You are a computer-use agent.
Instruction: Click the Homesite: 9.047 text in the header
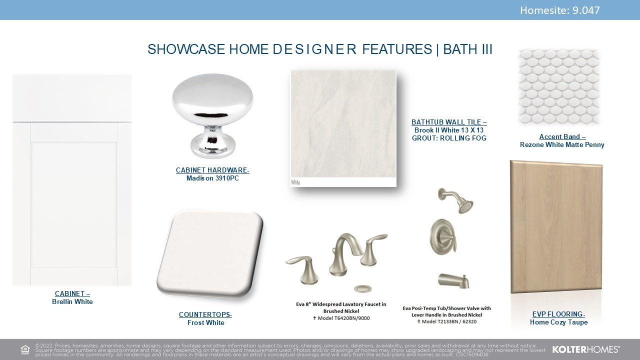pos(559,10)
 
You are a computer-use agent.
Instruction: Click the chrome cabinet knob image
pos(212,115)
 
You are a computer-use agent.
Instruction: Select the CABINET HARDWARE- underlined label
pos(212,170)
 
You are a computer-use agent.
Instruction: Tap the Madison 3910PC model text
pos(212,178)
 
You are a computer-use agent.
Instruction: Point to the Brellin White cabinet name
pos(72,301)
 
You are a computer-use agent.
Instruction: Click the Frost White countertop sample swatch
pos(210,254)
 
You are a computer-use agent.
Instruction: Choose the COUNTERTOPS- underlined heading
pos(205,314)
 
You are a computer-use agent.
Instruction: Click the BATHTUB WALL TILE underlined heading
pos(449,122)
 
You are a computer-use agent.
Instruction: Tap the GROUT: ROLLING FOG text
pos(449,138)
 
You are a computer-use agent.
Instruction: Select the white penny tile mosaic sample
pos(559,87)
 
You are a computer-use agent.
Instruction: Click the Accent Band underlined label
pos(562,136)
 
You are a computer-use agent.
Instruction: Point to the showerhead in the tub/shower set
pos(457,200)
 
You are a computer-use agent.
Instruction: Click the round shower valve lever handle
pos(443,237)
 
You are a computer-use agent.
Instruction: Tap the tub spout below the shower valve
pos(453,280)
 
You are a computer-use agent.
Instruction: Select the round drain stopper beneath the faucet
pos(363,288)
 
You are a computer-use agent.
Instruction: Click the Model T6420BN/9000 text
pos(341,318)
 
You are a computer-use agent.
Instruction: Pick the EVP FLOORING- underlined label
pos(558,314)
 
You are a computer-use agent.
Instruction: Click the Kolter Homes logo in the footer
pos(585,349)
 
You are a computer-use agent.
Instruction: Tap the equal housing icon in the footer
pos(25,349)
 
